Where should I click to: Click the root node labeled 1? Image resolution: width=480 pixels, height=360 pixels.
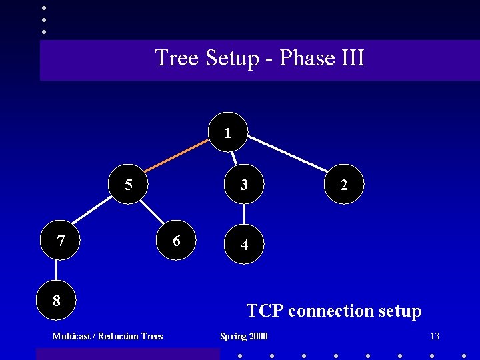point(228,132)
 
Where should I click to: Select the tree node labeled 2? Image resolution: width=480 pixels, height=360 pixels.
point(343,184)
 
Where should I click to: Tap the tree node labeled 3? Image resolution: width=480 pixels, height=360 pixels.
point(245,184)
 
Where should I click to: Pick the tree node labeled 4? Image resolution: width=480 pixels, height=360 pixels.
point(245,244)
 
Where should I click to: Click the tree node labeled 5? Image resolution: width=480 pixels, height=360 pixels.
point(129,184)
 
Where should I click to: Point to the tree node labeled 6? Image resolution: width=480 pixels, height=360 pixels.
point(177,240)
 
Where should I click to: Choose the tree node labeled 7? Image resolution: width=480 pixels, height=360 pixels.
point(61,240)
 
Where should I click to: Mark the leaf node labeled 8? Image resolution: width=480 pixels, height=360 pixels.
point(57,300)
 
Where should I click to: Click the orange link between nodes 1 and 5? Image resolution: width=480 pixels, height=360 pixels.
point(178,158)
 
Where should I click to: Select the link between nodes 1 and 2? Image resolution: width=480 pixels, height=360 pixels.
point(287,154)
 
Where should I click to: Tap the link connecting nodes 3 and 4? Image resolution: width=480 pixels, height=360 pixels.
point(245,214)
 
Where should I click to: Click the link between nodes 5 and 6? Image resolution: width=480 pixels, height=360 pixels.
point(153,212)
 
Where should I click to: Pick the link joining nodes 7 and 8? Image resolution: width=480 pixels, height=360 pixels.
point(57,270)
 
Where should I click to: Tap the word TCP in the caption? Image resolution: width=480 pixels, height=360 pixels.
point(265,311)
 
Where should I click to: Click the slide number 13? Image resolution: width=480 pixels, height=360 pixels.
point(435,336)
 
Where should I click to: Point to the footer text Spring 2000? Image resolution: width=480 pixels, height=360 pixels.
point(244,336)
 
